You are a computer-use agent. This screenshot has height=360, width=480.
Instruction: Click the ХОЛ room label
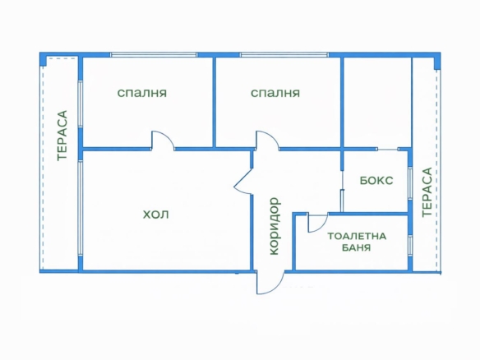pyautogui.click(x=155, y=215)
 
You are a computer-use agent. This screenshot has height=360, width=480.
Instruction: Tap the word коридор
pyautogui.click(x=275, y=225)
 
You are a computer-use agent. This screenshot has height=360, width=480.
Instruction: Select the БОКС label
pyautogui.click(x=376, y=181)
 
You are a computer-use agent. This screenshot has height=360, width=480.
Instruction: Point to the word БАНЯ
pyautogui.click(x=358, y=247)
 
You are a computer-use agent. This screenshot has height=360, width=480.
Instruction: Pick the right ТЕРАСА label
pyautogui.click(x=426, y=192)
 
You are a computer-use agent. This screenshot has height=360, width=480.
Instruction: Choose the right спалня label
pyautogui.click(x=275, y=94)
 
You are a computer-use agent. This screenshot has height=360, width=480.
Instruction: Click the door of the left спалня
pyautogui.click(x=162, y=141)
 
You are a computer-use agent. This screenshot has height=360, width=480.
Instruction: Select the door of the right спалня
pyautogui.click(x=268, y=141)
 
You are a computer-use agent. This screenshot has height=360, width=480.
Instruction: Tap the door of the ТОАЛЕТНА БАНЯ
pyautogui.click(x=317, y=222)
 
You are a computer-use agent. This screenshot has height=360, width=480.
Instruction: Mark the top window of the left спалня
pyautogui.click(x=154, y=56)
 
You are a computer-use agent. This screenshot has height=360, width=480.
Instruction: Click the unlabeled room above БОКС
pyautogui.click(x=376, y=103)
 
